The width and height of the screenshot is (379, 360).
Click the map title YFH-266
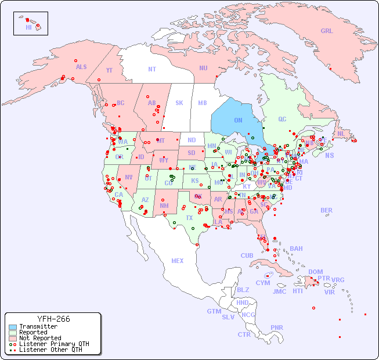pyautogui.click(x=53, y=319)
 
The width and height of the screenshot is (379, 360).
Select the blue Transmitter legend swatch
pyautogui.click(x=12, y=327)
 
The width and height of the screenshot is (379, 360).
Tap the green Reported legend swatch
pyautogui.click(x=12, y=333)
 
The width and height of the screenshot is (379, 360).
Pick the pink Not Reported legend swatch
pyautogui.click(x=12, y=338)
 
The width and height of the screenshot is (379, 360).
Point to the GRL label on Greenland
pyautogui.click(x=327, y=31)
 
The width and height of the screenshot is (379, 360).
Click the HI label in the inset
pyautogui.click(x=28, y=27)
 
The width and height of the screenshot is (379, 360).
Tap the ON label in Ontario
pyautogui.click(x=238, y=120)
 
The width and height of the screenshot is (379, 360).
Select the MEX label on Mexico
pyautogui.click(x=178, y=261)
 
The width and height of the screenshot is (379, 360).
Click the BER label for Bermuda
pyautogui.click(x=327, y=210)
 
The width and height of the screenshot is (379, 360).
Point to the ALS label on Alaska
pyautogui.click(x=81, y=67)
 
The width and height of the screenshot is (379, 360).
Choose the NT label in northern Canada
pyautogui.click(x=152, y=69)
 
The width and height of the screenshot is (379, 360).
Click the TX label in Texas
pyautogui.click(x=189, y=218)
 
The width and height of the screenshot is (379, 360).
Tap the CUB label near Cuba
pyautogui.click(x=247, y=255)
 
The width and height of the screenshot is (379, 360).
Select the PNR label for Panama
pyautogui.click(x=277, y=327)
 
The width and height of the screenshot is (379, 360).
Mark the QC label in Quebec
pyautogui.click(x=282, y=119)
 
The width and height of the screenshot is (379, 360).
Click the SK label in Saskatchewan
pyautogui.click(x=179, y=103)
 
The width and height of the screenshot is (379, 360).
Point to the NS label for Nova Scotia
pyautogui.click(x=329, y=156)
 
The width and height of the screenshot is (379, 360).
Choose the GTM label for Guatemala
pyautogui.click(x=214, y=311)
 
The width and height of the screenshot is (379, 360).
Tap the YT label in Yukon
pyautogui.click(x=109, y=70)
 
